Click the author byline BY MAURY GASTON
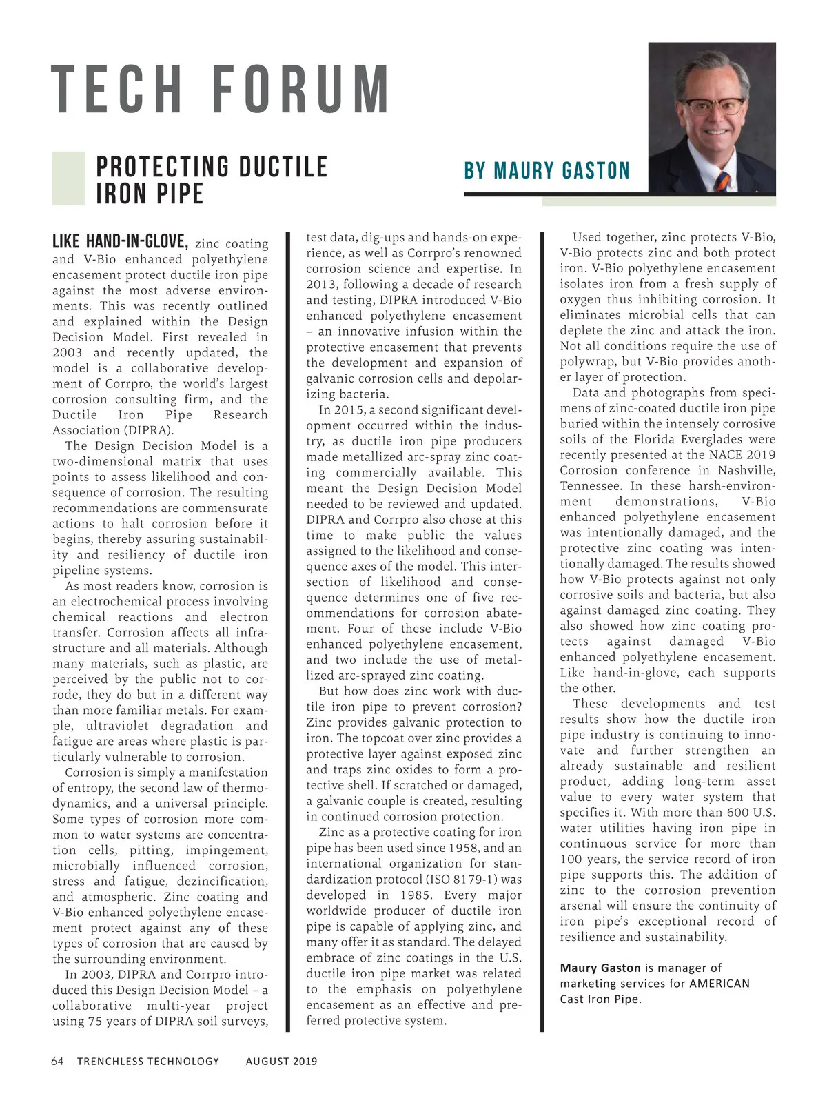coord(547,170)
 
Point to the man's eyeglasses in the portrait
coord(713,107)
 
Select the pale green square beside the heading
coord(69,178)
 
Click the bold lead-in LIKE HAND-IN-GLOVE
coord(120,242)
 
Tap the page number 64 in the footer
coord(58,1061)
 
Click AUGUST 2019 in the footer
coord(281,1061)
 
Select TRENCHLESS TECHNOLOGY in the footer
coord(148,1061)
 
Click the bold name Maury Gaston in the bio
coord(600,968)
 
